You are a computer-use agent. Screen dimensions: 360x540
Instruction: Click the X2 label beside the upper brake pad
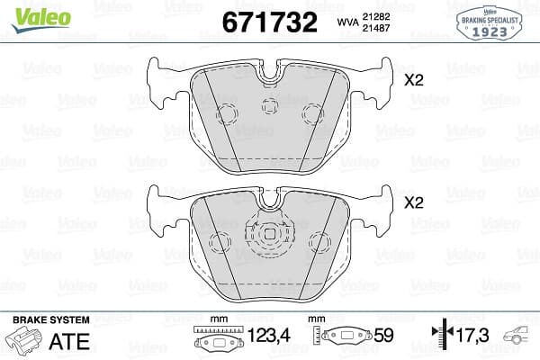click(413, 80)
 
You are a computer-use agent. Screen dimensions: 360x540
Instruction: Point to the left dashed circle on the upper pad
click(227, 114)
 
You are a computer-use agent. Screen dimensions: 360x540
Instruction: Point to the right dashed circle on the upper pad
click(312, 113)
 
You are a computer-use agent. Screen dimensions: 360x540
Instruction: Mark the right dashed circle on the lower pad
click(319, 241)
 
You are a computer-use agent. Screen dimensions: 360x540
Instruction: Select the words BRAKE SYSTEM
click(51, 319)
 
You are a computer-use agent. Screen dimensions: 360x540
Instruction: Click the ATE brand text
click(76, 339)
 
